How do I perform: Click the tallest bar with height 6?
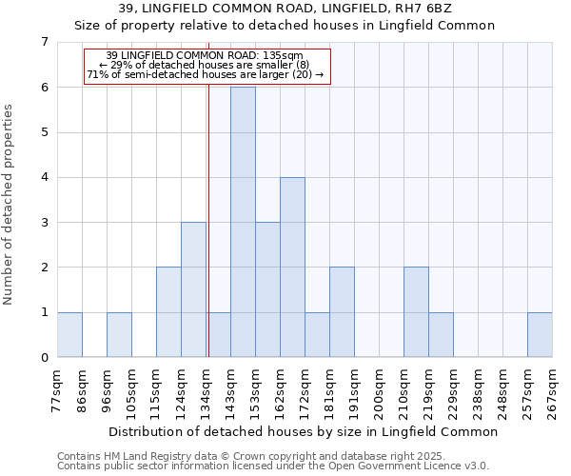243,222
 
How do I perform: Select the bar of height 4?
292,267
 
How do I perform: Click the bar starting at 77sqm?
69,334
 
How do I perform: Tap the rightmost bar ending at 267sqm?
540,334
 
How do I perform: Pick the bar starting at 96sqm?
119,334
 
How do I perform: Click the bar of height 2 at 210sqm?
416,311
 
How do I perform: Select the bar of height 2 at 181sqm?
342,311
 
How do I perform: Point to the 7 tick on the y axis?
44,42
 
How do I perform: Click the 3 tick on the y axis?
44,223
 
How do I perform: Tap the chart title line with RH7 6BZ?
285,10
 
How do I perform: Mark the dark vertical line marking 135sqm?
208,238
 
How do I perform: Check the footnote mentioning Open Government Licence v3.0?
273,466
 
